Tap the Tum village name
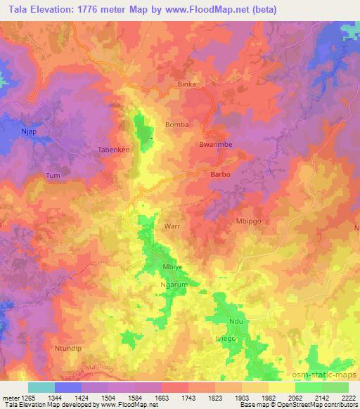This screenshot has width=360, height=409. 53,176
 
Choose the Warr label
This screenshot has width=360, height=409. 172,227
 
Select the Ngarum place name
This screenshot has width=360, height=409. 175,286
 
